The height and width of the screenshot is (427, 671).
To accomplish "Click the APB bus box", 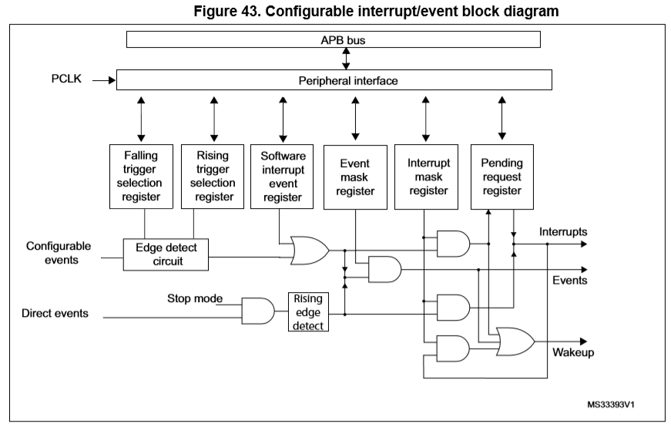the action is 334,39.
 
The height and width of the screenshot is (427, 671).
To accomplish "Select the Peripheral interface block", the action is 334,80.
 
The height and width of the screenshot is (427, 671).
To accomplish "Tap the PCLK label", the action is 66,79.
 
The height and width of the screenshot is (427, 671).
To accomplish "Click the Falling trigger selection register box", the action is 141,177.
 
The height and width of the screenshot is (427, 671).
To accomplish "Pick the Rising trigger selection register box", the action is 213,177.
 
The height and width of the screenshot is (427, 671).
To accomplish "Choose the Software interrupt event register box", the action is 282,177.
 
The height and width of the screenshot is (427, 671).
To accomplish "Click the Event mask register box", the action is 355,177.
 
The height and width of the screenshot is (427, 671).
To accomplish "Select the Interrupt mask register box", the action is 426,177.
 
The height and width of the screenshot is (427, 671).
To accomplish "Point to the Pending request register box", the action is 502,177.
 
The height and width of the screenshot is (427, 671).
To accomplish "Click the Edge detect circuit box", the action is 166,254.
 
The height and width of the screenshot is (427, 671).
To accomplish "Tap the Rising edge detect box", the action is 308,312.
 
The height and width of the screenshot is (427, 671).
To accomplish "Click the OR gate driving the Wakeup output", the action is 515,341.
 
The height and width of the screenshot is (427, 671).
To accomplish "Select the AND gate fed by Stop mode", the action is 258,311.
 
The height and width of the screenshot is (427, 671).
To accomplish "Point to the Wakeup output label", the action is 573,352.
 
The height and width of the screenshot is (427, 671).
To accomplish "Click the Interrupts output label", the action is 563,232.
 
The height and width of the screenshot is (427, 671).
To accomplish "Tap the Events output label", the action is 569,280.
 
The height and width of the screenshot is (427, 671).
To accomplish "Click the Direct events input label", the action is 55,313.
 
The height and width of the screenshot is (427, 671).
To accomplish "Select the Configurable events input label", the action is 59,253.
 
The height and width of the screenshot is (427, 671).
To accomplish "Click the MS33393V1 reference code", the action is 611,405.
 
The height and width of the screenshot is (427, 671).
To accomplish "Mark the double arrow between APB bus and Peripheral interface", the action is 346,59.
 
